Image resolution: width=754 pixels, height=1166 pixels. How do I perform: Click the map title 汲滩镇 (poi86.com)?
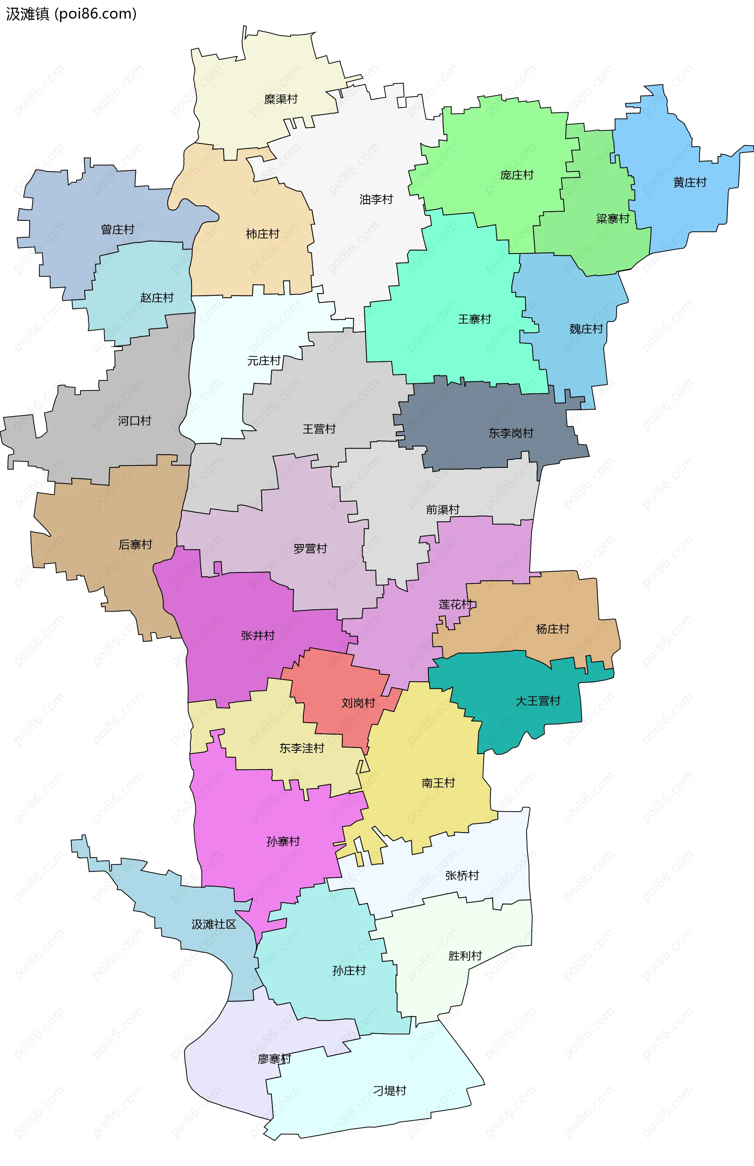pos(71,14)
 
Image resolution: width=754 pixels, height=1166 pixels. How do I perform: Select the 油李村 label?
pos(376,199)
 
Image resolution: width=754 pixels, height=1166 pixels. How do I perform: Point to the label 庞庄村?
pos(516,175)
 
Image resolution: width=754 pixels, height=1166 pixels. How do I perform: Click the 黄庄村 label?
pos(689,183)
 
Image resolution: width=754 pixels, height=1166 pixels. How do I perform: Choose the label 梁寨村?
pos(613,219)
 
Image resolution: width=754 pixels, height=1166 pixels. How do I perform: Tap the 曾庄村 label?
pos(117,229)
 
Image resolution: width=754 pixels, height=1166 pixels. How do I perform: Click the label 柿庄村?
pos(262,234)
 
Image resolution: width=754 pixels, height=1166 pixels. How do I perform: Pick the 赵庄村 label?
pos(157,298)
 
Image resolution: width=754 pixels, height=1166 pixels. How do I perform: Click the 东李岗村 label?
pos(511,433)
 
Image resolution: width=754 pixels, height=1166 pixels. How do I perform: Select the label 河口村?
pos(134,421)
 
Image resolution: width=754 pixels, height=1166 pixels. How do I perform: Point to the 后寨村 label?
pos(135,544)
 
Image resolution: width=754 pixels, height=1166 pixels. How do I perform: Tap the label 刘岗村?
pos(358,703)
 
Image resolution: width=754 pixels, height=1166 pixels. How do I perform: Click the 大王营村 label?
pos(538,701)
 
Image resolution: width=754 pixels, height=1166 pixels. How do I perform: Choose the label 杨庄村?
pos(552,629)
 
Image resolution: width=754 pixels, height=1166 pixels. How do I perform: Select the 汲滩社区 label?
pos(214,924)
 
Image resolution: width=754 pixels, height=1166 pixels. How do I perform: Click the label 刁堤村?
pos(389,1091)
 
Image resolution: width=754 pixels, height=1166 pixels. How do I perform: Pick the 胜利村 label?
pos(465,955)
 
